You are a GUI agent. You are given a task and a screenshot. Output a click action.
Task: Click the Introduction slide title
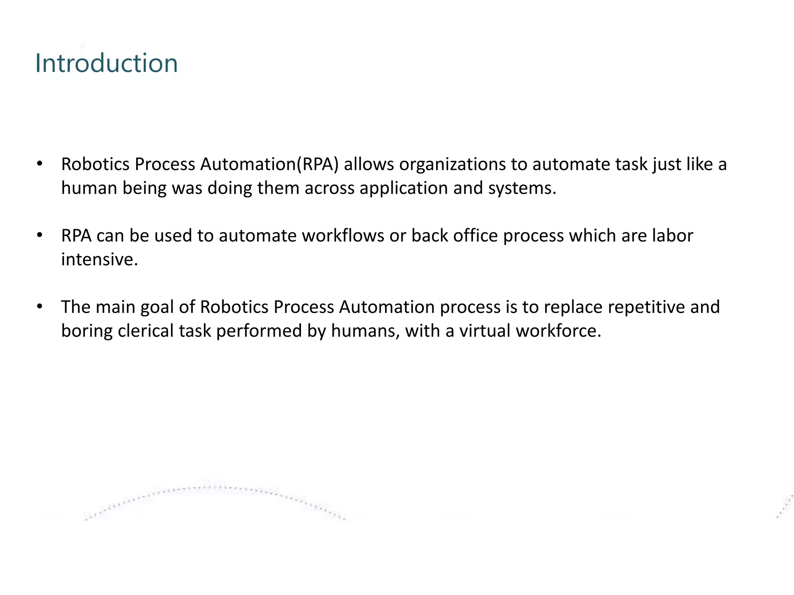(106, 63)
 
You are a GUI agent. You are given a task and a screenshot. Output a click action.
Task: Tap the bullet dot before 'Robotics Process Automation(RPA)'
(39, 164)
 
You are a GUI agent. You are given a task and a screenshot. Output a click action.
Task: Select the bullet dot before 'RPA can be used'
(39, 235)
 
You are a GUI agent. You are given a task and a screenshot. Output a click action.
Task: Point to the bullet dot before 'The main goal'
(39, 306)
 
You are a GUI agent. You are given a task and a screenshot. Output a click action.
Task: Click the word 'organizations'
(452, 165)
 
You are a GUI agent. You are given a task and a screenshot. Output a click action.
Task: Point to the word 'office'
(475, 236)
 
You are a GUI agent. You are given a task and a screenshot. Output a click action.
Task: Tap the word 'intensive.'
(100, 260)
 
